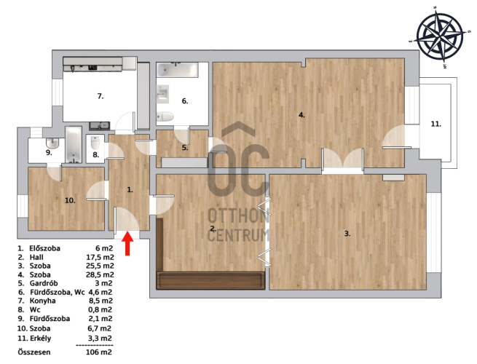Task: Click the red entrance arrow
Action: (x=127, y=243)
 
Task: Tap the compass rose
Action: (x=440, y=36)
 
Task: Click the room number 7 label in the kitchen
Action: (x=100, y=96)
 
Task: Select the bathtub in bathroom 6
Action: (x=178, y=70)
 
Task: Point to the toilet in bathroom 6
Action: (x=165, y=116)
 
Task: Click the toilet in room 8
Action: (x=95, y=142)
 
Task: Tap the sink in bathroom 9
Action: (x=52, y=142)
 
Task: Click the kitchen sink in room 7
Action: (x=100, y=124)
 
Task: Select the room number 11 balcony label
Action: (x=435, y=124)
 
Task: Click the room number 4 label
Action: (x=301, y=115)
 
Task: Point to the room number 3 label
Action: (x=347, y=234)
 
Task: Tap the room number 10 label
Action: (x=70, y=200)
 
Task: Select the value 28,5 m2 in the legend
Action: (x=100, y=274)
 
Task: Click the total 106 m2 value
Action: (x=99, y=352)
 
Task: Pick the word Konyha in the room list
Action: (x=42, y=301)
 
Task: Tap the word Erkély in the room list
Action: (x=41, y=338)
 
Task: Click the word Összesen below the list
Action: (x=34, y=352)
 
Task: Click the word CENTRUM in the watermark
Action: (x=239, y=235)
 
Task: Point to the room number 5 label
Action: (x=185, y=148)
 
